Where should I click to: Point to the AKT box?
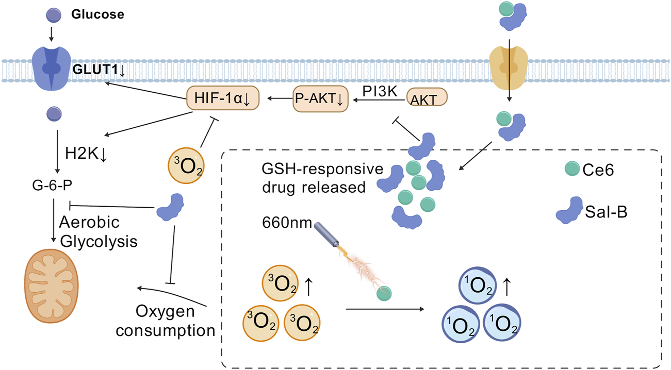pyautogui.click(x=427, y=98)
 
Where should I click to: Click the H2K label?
pyautogui.click(x=85, y=153)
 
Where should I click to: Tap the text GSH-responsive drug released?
pyautogui.click(x=321, y=178)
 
